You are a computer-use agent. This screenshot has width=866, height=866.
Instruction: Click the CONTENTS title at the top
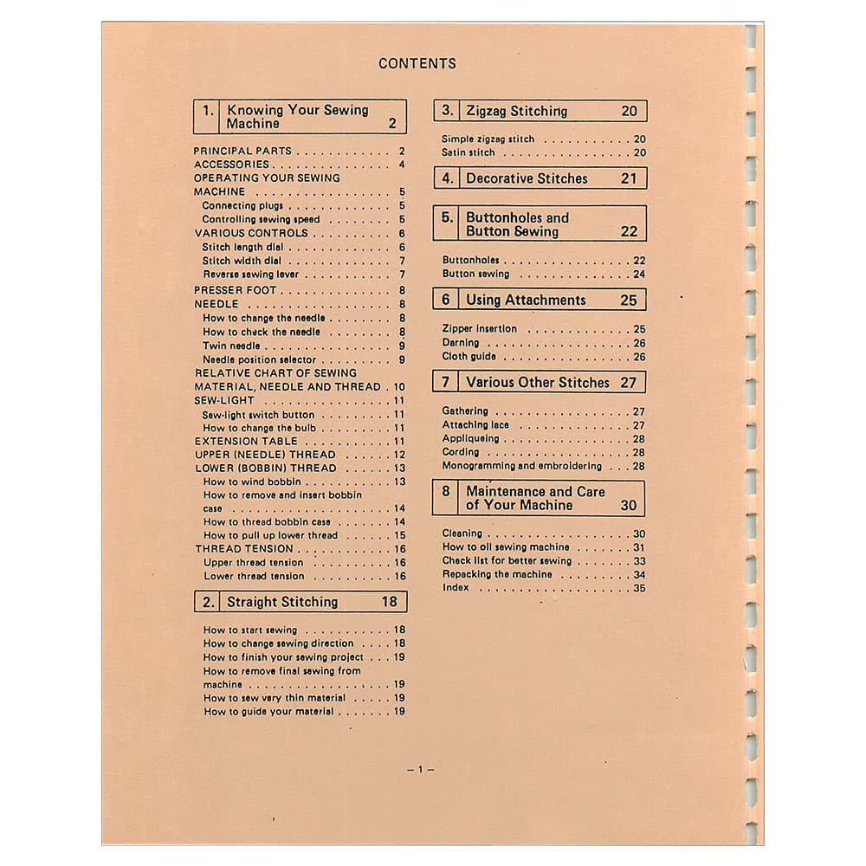[x=417, y=63]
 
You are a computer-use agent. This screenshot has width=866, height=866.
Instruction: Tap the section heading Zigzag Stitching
[x=516, y=111]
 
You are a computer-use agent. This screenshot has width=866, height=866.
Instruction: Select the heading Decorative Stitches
[x=527, y=178]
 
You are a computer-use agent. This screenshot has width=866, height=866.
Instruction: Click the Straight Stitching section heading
[x=282, y=602]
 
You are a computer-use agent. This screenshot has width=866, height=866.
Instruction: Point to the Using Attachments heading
[x=526, y=301]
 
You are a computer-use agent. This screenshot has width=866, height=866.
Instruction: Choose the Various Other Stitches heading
[x=538, y=383]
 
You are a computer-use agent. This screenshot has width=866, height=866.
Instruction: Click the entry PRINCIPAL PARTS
[x=242, y=151]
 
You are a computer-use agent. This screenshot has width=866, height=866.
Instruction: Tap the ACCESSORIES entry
[x=231, y=165]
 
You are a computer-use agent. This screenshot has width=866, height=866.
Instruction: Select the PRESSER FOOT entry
[x=235, y=290]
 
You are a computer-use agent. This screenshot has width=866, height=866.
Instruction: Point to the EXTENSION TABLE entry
[x=245, y=441]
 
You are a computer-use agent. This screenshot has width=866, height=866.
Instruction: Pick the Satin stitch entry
[x=469, y=152]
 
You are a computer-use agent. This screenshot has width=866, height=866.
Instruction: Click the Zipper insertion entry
[x=479, y=329]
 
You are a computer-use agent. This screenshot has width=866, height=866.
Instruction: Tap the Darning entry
[x=460, y=343]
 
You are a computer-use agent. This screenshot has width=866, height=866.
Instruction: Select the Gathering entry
[x=465, y=411]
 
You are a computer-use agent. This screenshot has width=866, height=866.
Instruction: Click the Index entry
[x=456, y=588]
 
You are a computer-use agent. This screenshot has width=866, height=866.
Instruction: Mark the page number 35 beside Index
[x=639, y=588]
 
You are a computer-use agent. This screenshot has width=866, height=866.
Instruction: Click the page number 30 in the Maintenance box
[x=628, y=506]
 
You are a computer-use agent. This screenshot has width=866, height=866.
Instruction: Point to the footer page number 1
[x=420, y=770]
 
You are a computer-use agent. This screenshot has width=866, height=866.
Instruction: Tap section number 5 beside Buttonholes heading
[x=446, y=218]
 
